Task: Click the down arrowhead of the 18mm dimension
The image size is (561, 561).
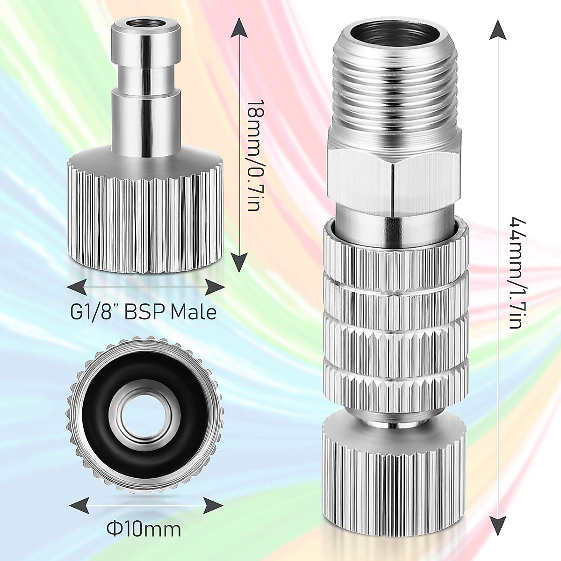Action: click(x=239, y=264)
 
